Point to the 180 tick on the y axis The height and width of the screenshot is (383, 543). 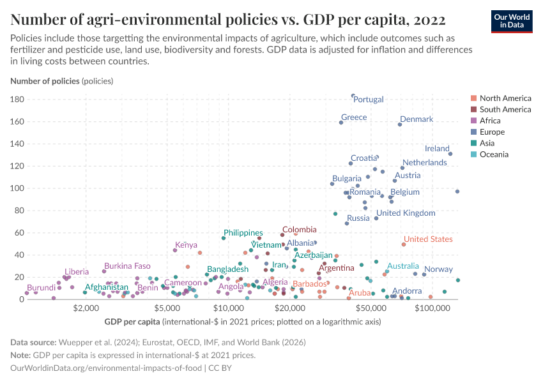click(x=17, y=100)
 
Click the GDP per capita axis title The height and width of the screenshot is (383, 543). click(x=132, y=320)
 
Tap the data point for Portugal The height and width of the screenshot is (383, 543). click(x=353, y=96)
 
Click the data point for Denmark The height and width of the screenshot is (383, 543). click(x=400, y=124)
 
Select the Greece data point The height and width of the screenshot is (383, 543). click(x=341, y=123)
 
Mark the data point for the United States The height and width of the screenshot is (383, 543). click(x=404, y=244)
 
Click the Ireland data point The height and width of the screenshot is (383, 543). click(x=450, y=154)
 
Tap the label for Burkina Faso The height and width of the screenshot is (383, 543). click(x=127, y=266)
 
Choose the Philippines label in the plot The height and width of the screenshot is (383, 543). click(x=243, y=233)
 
